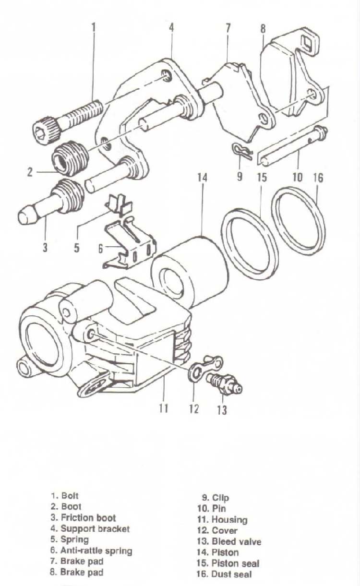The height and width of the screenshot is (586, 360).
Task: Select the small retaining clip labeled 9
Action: [242, 151]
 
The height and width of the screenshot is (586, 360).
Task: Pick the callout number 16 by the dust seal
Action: [318, 178]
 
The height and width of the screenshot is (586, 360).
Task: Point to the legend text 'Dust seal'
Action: [231, 567]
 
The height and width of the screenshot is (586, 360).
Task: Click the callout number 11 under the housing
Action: [163, 408]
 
